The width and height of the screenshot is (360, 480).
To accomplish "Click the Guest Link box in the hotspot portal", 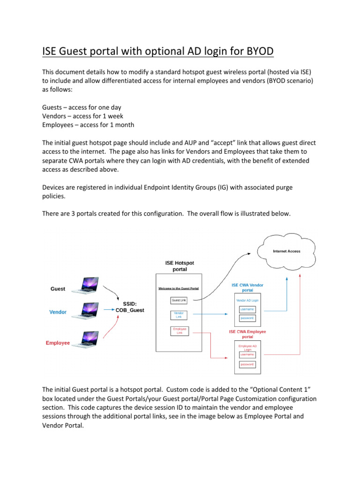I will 179,300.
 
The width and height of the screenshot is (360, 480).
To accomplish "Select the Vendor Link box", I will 179,315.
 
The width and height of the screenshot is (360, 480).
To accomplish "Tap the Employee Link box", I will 179,331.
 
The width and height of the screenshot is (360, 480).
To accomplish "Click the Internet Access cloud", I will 286,251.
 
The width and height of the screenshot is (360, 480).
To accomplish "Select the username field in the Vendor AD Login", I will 247,309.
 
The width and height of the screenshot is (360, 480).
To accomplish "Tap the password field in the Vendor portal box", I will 247,318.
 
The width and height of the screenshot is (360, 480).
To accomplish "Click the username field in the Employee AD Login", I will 247,354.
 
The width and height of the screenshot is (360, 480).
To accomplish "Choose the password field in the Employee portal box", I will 247,364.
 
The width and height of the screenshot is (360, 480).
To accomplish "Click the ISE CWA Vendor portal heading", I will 247,287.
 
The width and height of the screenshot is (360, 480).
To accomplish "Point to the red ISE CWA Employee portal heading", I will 247,334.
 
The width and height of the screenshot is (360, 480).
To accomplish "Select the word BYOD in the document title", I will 264,51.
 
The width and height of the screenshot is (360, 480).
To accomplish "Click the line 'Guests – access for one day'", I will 82,107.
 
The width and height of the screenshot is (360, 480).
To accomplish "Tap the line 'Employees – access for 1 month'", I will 88,125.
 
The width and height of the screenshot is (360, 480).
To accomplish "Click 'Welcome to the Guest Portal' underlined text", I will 179,288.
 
